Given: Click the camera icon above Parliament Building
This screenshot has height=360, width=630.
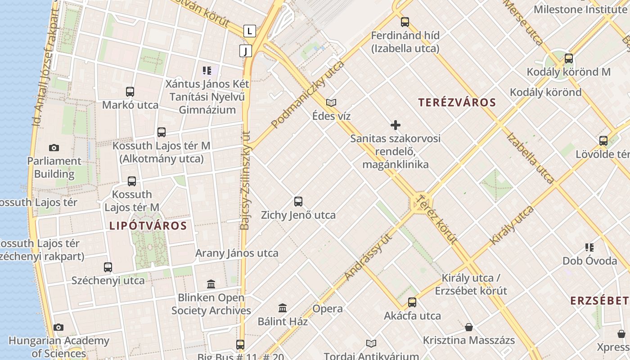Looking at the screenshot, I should coord(54,148).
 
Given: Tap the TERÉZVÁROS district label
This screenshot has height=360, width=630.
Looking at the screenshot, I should coord(457,102).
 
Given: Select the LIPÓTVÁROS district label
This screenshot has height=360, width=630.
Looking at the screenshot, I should coord(148,225).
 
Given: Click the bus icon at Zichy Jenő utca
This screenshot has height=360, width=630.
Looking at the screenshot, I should coord(298,201).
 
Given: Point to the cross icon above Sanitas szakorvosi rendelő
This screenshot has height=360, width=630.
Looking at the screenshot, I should coord(396,125).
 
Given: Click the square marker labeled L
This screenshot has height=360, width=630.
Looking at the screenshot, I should coord(249,31).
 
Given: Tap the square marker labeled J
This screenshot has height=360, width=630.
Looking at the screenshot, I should coord(246,51).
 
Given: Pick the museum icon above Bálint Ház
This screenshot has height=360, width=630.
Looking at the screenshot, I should coord(283,308).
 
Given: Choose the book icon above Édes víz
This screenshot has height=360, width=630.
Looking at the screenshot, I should coord(331,103).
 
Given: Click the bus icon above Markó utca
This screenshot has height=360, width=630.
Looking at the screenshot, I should coord(130,92).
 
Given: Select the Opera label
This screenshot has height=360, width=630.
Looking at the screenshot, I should coord(328,309).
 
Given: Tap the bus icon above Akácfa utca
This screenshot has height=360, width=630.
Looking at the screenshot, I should coord(412,302).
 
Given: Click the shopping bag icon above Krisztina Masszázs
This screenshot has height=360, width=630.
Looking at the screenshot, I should coord(469,327).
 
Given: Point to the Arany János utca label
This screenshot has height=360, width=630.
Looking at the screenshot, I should coord(237,253).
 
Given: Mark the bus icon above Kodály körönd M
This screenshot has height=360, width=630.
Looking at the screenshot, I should coord(569,58).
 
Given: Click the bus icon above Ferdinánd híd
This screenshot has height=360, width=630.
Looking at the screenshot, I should coord(405,22).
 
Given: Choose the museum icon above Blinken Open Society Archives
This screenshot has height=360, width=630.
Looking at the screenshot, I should coord(211,284).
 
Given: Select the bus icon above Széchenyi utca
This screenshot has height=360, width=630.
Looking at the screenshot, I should coord(108,267).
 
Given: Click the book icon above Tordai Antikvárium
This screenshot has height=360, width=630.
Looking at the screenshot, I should coord(371,344).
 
